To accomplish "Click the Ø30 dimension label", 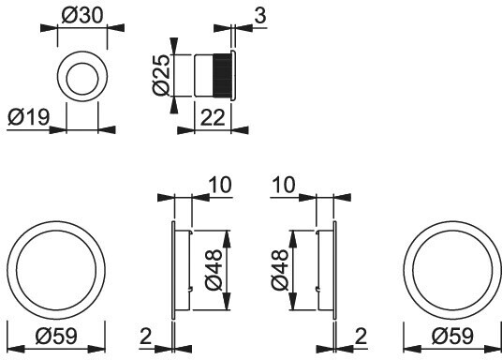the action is point(82,16).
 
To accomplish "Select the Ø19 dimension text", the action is point(28,117).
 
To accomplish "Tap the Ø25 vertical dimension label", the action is point(161,75).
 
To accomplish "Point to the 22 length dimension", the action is point(213,118).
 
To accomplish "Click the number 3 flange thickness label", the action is point(260,15).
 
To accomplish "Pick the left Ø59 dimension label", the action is point(56,336).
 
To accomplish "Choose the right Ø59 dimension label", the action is point(452,336).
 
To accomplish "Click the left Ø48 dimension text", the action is point(214,270).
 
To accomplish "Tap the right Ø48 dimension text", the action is point(280,270).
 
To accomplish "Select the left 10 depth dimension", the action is point(219,185).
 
